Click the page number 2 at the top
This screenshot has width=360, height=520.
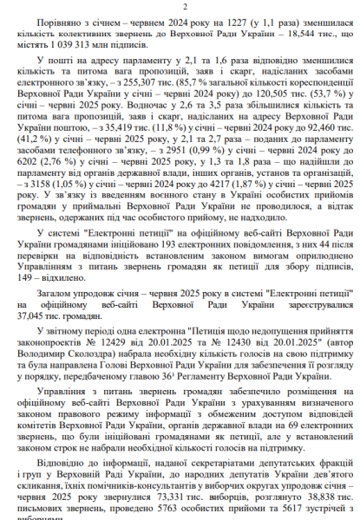[180, 6]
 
